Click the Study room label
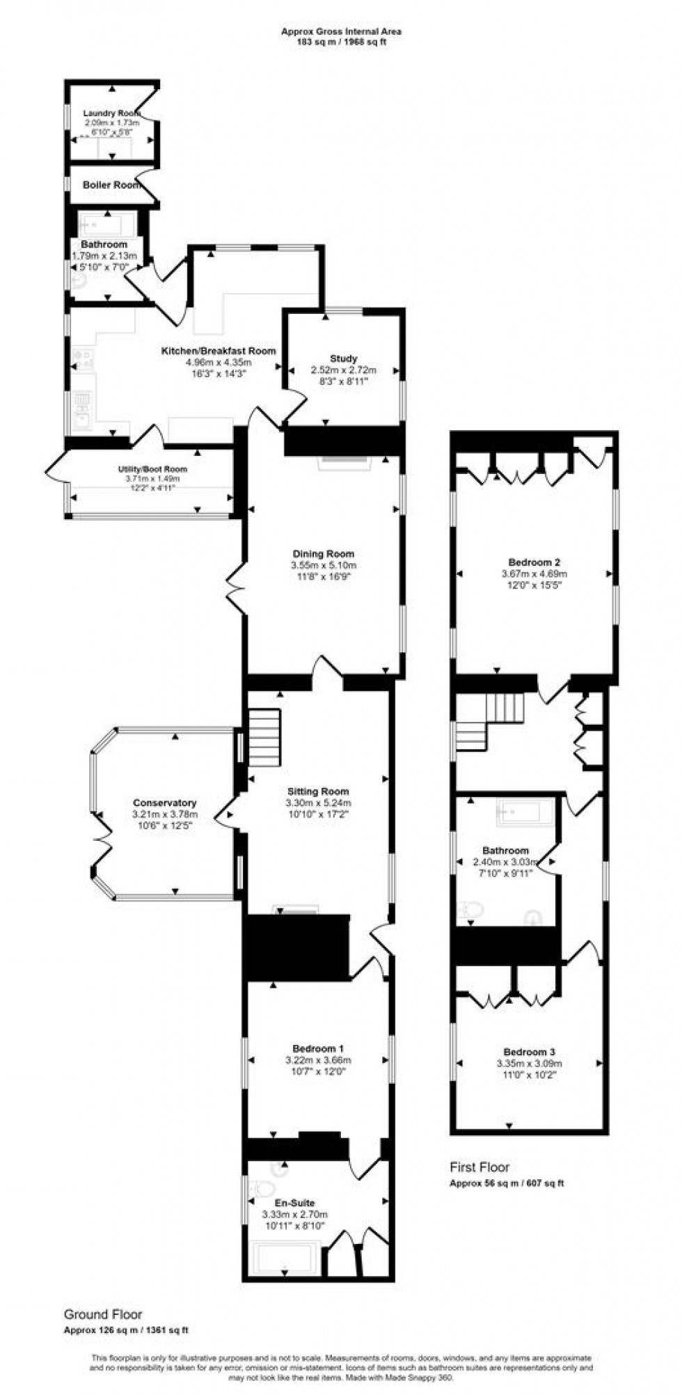pyautogui.click(x=343, y=358)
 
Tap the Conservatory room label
pyautogui.click(x=165, y=803)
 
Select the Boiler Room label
pyautogui.click(x=111, y=185)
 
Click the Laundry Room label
pyautogui.click(x=111, y=113)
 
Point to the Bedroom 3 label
pyautogui.click(x=529, y=1052)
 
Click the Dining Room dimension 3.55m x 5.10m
pyautogui.click(x=324, y=565)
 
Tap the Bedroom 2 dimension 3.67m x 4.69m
pyautogui.click(x=534, y=574)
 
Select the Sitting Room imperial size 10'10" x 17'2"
pyautogui.click(x=318, y=813)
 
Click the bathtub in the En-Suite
pyautogui.click(x=284, y=1256)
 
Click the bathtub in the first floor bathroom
pyautogui.click(x=525, y=811)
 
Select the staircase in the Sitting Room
pyautogui.click(x=264, y=736)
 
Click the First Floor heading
pyautogui.click(x=479, y=1167)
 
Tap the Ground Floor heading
pyautogui.click(x=103, y=1314)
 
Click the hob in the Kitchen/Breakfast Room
pyautogui.click(x=83, y=359)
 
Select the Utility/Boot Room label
pyautogui.click(x=152, y=469)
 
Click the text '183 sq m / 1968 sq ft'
pyautogui.click(x=341, y=41)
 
